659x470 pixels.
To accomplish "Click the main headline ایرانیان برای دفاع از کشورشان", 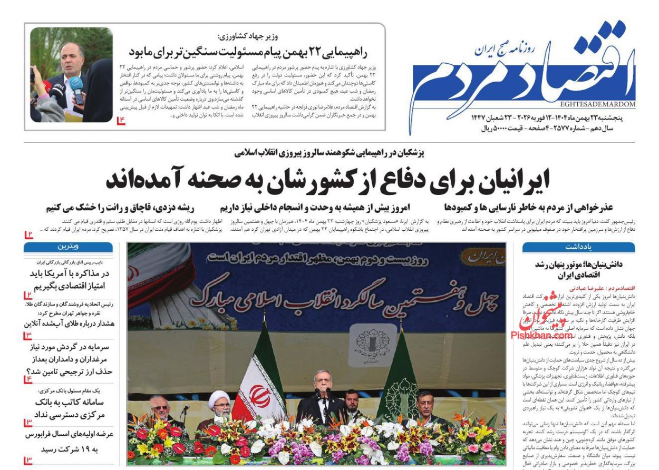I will pyautogui.click(x=328, y=179).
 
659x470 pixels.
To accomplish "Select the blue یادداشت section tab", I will pyautogui.click(x=578, y=247).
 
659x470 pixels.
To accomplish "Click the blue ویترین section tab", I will pyautogui.click(x=69, y=247).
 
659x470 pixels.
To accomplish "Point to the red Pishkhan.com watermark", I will pyautogui.click(x=541, y=335).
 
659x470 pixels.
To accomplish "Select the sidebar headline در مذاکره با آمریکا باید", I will pyautogui.click(x=69, y=279).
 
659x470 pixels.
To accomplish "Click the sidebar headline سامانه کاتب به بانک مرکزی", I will pyautogui.click(x=69, y=407).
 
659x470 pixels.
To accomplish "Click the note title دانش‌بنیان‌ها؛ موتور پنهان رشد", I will pyautogui.click(x=578, y=269).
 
